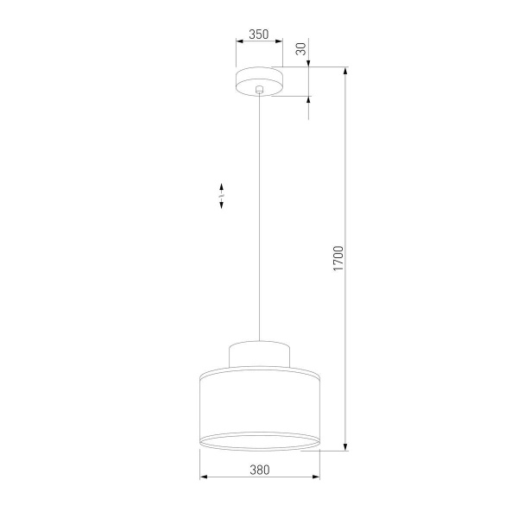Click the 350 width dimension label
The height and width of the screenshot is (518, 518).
[258, 35]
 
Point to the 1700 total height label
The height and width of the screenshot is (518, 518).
[338, 259]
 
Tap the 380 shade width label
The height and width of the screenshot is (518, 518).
[259, 470]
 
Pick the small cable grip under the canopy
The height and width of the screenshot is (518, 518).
[259, 90]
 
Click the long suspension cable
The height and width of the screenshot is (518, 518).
[259, 216]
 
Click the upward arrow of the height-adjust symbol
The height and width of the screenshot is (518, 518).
[222, 186]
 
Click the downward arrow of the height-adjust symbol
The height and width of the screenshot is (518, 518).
[222, 205]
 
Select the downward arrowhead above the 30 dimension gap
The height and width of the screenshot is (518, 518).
[309, 63]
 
